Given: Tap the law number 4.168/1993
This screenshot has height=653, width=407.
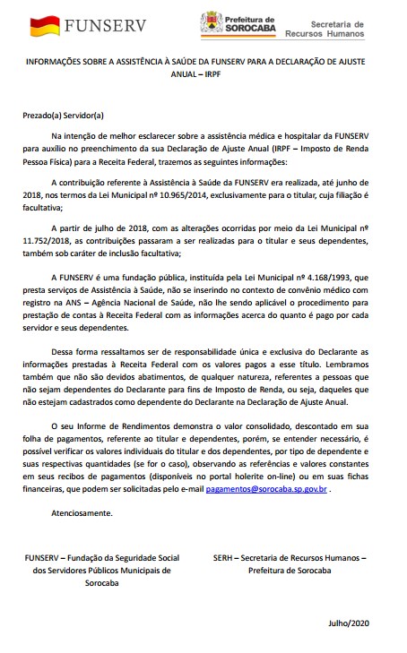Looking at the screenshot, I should point(335,278).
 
